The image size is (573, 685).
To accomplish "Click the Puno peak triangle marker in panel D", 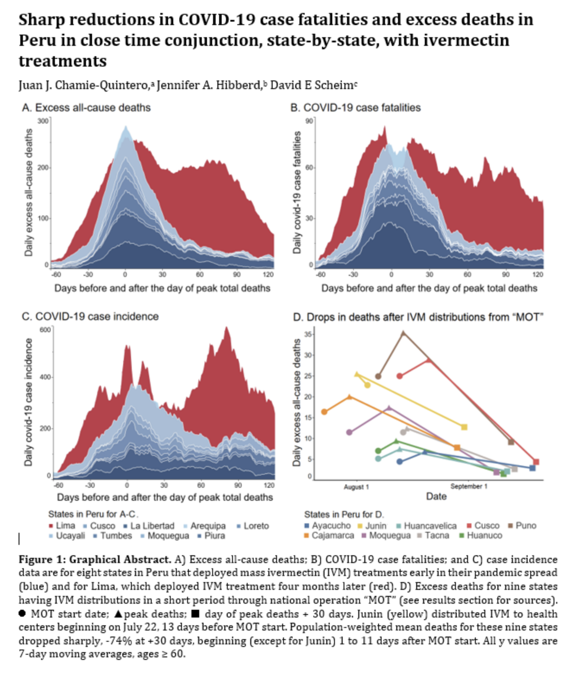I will [x=403, y=333].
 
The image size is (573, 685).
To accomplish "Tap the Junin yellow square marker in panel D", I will [x=464, y=427].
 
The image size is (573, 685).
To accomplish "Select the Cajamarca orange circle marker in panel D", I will [x=324, y=412].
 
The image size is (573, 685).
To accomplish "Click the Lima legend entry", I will [x=62, y=526].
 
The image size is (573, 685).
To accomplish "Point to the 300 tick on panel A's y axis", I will [x=43, y=121].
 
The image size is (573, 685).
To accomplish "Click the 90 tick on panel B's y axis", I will [x=309, y=121].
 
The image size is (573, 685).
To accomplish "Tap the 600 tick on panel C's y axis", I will [x=46, y=330].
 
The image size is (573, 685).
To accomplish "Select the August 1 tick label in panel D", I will [x=357, y=487].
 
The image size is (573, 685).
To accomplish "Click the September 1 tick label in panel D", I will [x=469, y=487].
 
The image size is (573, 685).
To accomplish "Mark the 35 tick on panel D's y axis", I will [x=308, y=334].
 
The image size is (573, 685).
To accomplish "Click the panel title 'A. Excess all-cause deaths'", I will [x=86, y=108].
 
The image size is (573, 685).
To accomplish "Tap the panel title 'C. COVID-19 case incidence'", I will [x=90, y=317].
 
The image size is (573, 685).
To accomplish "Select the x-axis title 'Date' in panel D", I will [x=436, y=496].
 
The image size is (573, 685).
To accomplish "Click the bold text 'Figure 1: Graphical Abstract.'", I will [x=95, y=560].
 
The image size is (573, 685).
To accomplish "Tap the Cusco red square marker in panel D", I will [x=536, y=462].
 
